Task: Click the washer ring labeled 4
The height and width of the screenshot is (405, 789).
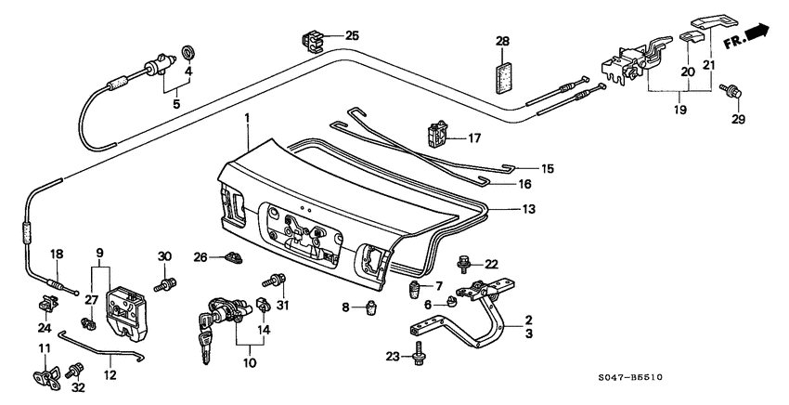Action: pyautogui.click(x=188, y=50)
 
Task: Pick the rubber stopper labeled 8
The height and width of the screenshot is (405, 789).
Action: pyautogui.click(x=373, y=307)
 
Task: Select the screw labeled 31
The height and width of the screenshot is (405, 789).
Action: pyautogui.click(x=276, y=280)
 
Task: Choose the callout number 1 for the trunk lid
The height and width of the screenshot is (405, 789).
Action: pyautogui.click(x=247, y=119)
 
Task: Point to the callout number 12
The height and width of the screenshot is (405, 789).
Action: pyautogui.click(x=110, y=377)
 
